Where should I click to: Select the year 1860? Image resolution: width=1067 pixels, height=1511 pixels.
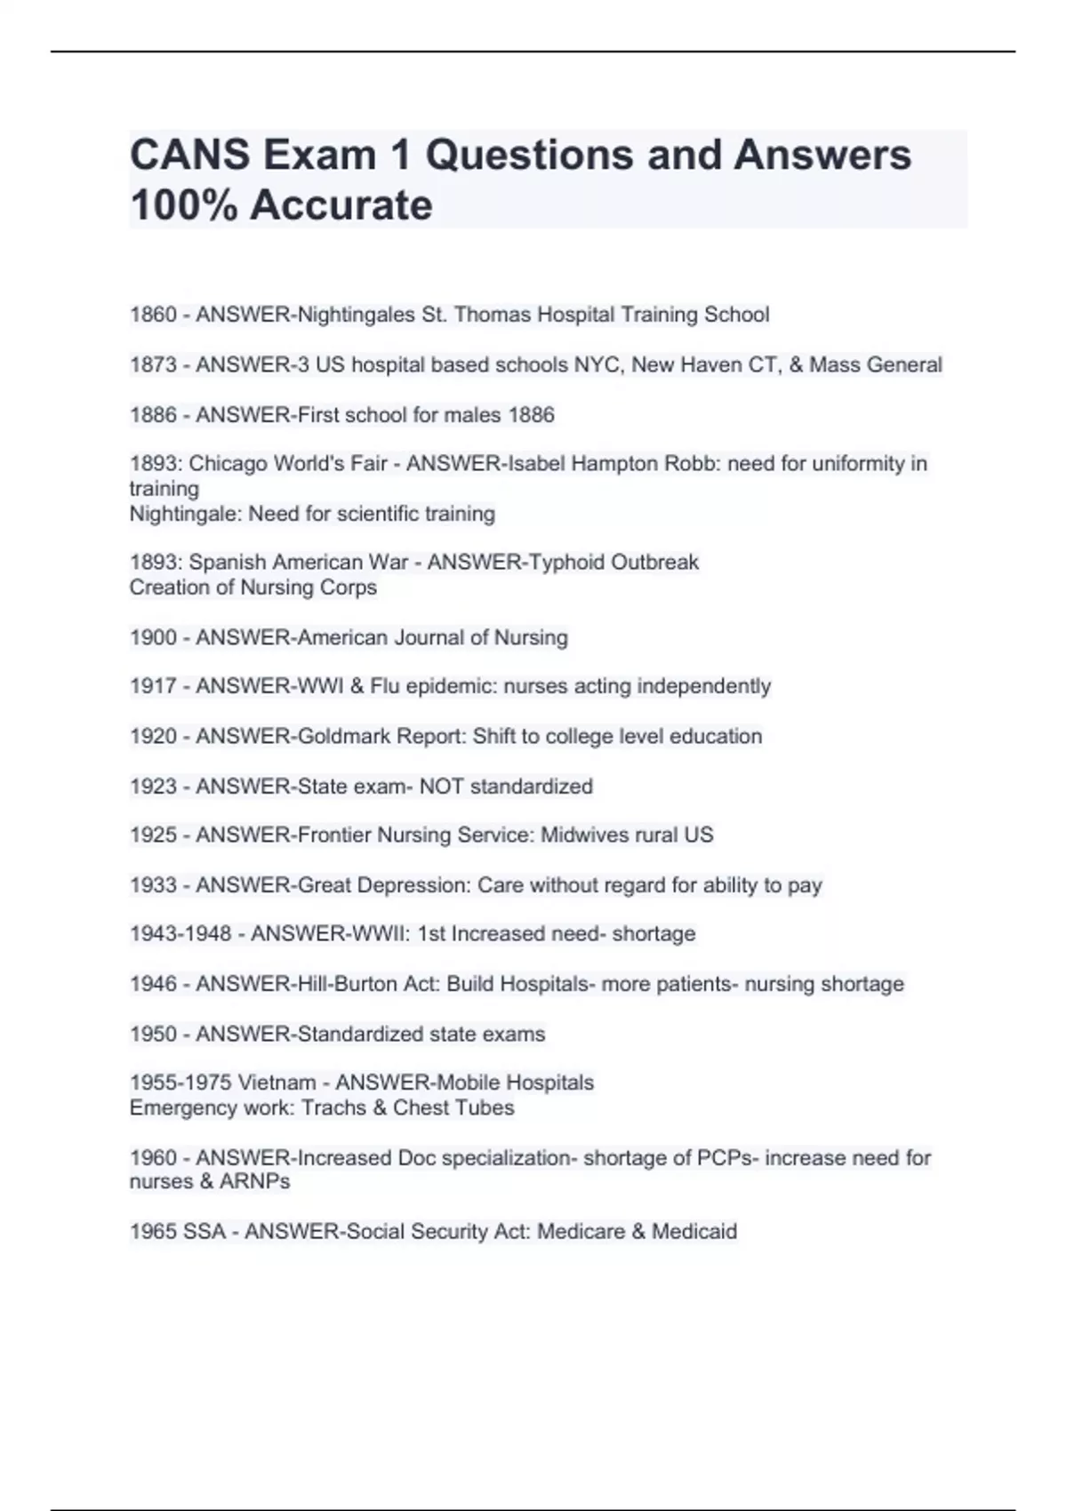point(153,315)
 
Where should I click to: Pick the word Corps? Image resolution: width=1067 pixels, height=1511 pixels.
point(351,588)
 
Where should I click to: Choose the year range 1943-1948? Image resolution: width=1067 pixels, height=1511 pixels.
point(181,934)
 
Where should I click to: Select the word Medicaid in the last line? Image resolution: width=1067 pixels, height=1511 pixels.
point(694,1232)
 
